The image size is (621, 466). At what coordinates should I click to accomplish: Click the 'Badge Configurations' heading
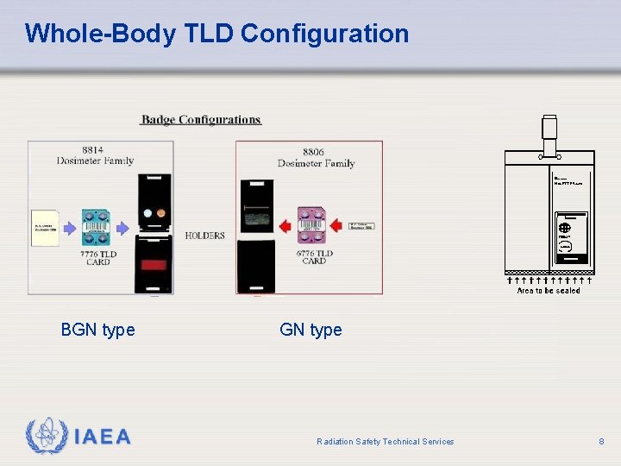(201, 120)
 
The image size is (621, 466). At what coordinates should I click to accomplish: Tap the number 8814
(94, 149)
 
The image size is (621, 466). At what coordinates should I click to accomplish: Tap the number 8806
(313, 152)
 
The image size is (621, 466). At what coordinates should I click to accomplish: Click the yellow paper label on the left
(45, 228)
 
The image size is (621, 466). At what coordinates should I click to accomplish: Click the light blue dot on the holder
(147, 212)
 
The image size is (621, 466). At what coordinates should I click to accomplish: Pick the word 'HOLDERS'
(204, 236)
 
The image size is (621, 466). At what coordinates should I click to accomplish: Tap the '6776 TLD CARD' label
(314, 257)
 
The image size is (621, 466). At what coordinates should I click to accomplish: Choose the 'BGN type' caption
(97, 330)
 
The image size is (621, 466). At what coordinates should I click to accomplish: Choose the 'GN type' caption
(310, 330)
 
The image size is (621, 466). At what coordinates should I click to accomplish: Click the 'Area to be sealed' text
(549, 291)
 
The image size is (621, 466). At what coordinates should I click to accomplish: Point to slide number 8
(601, 441)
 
